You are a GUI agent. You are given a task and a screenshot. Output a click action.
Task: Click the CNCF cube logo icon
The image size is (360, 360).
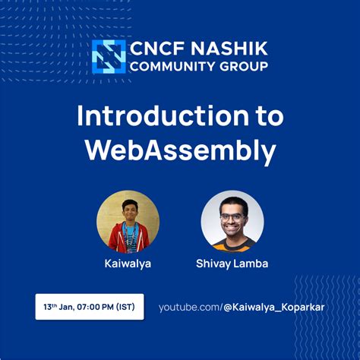(x=109, y=56)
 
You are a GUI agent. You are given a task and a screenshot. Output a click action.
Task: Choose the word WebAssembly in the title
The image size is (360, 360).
(x=180, y=150)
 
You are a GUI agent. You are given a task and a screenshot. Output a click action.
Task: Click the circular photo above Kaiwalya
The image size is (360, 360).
(x=128, y=221)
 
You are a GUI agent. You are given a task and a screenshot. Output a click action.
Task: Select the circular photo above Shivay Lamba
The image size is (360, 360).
(x=232, y=221)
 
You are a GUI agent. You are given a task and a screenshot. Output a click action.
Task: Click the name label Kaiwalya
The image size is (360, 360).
(x=128, y=264)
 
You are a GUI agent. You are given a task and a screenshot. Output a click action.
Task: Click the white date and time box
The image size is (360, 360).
(x=90, y=307)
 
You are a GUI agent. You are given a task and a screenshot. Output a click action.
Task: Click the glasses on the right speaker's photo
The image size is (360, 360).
(x=232, y=216)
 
